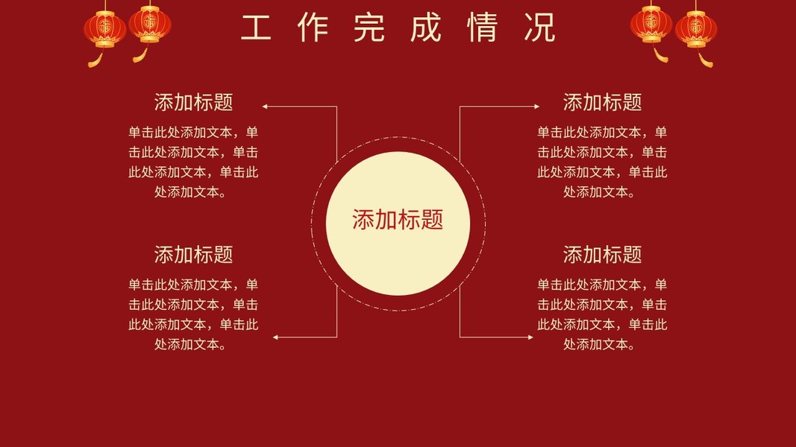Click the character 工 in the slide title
click(255, 28)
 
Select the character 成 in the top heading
click(426, 28)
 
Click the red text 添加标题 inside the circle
click(398, 220)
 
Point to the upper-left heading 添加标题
click(193, 102)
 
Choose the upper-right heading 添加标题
click(602, 102)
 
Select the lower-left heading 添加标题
click(193, 255)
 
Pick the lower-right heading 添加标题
click(602, 255)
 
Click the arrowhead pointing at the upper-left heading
click(265, 107)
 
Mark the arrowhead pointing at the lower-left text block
click(275, 337)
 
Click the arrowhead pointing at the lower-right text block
click(530, 337)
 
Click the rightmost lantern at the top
click(696, 28)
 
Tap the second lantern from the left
click(150, 23)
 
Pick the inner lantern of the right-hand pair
click(651, 23)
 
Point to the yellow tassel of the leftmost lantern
click(95, 60)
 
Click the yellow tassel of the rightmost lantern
click(706, 60)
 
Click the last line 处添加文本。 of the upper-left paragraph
click(193, 191)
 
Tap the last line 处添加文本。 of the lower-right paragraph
click(602, 344)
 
